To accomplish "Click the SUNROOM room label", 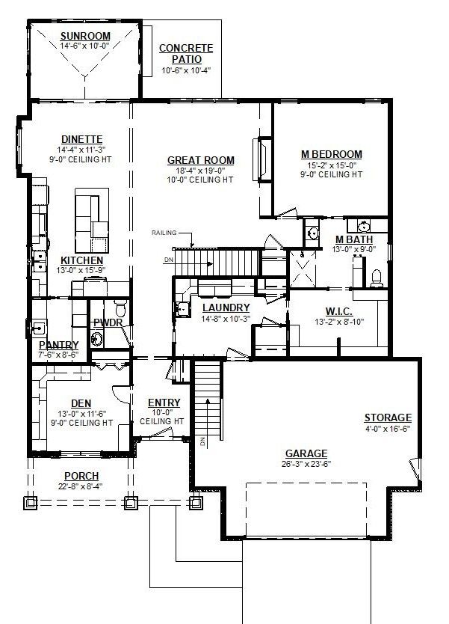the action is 85,36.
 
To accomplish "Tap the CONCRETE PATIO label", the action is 186,54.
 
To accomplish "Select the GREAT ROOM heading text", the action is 201,160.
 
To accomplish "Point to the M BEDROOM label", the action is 332,154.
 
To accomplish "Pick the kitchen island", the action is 92,220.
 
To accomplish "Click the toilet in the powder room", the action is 120,308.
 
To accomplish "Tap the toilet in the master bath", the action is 376,278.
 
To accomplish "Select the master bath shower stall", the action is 303,268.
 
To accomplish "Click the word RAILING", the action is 164,233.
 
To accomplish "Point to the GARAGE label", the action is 306,453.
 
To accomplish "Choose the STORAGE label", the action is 388,417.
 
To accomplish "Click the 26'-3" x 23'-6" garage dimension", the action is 306,464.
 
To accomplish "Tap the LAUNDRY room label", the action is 226,308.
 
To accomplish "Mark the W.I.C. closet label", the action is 339,311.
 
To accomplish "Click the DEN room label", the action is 81,403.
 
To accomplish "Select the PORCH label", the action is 81,476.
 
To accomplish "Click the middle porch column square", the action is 131,503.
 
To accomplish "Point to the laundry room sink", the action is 182,309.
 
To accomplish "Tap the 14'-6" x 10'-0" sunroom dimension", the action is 84,46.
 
